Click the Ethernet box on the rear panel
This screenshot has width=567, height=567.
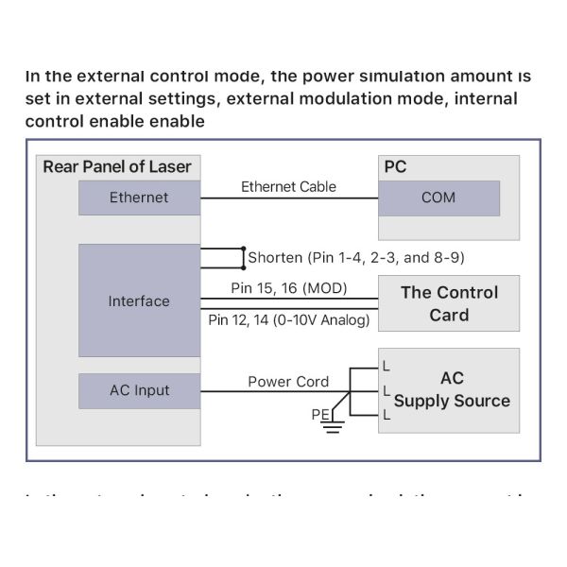139,198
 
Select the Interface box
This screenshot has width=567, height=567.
139,301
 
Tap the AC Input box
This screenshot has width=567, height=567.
139,390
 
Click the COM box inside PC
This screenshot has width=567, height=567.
438,198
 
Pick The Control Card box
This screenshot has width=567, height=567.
449,303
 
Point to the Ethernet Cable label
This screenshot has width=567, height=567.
288,186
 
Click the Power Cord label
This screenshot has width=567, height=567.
288,382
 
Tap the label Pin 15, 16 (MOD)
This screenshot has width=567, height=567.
289,287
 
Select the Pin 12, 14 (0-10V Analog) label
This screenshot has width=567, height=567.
289,320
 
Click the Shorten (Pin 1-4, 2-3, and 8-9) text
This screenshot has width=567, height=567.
355,257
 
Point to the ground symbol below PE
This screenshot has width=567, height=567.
331,428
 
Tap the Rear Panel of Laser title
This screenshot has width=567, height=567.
117,167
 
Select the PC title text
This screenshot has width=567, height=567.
395,167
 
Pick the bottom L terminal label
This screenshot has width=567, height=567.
386,414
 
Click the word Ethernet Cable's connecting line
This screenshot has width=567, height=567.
288,198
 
